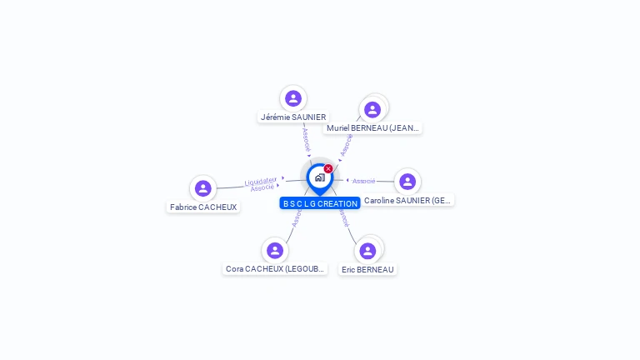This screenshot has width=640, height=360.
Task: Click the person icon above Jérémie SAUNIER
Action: (292, 98)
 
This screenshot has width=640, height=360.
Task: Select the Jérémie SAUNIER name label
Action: (293, 117)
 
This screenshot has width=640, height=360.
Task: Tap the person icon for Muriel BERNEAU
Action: (372, 109)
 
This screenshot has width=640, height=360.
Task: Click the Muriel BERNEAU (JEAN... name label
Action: (373, 128)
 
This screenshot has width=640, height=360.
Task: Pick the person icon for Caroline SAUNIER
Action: (407, 181)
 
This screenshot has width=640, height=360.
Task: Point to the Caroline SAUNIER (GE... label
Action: (407, 201)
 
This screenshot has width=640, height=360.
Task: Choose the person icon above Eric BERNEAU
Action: (367, 250)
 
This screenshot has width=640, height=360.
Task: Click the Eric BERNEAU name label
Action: (367, 269)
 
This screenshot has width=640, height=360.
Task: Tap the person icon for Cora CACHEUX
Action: (275, 250)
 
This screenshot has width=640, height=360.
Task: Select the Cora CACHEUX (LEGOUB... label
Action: (275, 269)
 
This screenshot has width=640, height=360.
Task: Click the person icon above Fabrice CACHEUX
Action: (202, 188)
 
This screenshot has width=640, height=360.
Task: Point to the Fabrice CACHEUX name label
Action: (203, 207)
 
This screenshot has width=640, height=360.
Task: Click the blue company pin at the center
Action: (319, 177)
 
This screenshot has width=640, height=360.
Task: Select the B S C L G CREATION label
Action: (320, 203)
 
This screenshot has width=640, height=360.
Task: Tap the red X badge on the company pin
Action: (328, 168)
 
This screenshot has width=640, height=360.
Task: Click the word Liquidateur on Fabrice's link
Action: (261, 181)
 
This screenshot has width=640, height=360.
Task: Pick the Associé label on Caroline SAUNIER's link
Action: (364, 181)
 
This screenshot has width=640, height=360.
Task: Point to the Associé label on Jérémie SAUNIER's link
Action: (306, 138)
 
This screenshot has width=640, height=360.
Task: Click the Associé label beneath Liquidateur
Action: (262, 187)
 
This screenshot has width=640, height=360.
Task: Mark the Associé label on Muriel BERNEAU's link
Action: (347, 144)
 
